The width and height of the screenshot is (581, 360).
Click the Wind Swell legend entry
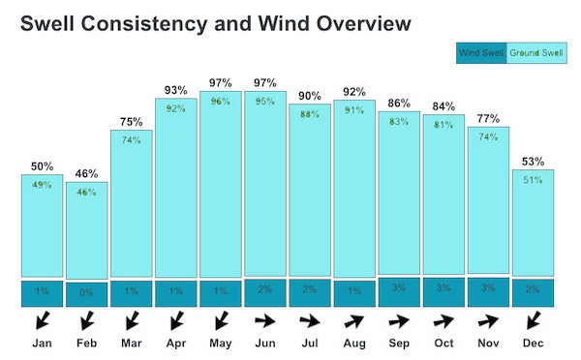(481, 53)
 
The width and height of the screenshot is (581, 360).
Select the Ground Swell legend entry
(536, 53)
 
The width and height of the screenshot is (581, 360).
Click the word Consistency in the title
(144, 23)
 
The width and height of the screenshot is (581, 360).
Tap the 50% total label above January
(43, 166)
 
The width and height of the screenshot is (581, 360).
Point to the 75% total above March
(131, 122)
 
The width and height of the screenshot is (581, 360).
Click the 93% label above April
(176, 90)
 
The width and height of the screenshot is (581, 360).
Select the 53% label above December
(534, 162)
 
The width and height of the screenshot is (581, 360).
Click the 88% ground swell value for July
(310, 114)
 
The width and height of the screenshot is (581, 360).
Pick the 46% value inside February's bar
(87, 193)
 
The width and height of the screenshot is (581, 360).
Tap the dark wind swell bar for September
(399, 292)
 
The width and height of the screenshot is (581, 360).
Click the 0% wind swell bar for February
(87, 294)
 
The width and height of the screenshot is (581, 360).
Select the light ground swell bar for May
(221, 184)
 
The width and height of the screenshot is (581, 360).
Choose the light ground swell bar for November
(488, 200)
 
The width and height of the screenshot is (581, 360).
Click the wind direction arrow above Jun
(265, 320)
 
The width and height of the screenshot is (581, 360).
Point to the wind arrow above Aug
(354, 321)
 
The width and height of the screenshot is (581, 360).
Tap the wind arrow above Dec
(534, 320)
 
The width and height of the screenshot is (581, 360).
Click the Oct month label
(443, 343)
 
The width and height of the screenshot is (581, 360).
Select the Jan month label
(43, 343)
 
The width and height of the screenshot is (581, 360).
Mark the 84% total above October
(443, 106)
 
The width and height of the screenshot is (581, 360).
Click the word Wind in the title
(284, 23)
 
